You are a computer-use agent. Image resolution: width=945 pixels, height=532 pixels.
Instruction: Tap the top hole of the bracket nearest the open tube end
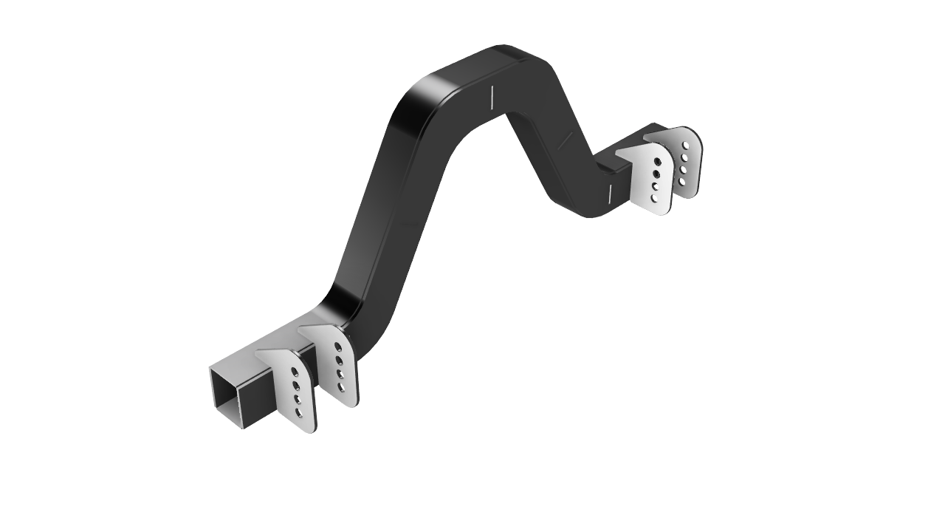pyautogui.click(x=295, y=372)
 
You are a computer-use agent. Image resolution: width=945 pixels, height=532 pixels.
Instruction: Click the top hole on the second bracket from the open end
pyautogui.click(x=338, y=346)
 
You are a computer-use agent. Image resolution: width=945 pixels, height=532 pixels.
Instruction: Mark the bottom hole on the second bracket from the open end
pyautogui.click(x=340, y=386)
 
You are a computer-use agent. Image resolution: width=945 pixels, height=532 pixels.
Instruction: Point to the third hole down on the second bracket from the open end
pyautogui.click(x=340, y=374)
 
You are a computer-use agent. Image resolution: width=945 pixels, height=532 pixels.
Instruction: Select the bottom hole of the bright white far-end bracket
pyautogui.click(x=654, y=198)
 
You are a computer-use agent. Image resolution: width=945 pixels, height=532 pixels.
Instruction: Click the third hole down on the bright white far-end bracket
pyautogui.click(x=655, y=186)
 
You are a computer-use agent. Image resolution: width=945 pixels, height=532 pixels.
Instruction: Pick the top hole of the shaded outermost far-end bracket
pyautogui.click(x=687, y=145)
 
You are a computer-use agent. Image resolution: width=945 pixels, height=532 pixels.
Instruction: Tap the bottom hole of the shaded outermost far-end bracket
pyautogui.click(x=681, y=182)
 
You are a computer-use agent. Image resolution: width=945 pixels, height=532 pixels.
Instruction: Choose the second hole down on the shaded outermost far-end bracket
pyautogui.click(x=685, y=157)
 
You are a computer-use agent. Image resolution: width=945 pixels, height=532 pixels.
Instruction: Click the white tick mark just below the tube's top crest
pyautogui.click(x=492, y=97)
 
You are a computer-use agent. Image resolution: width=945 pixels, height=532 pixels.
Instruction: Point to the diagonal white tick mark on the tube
pyautogui.click(x=565, y=140)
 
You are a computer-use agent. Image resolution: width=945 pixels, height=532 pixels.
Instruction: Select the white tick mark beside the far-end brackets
pyautogui.click(x=610, y=194)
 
